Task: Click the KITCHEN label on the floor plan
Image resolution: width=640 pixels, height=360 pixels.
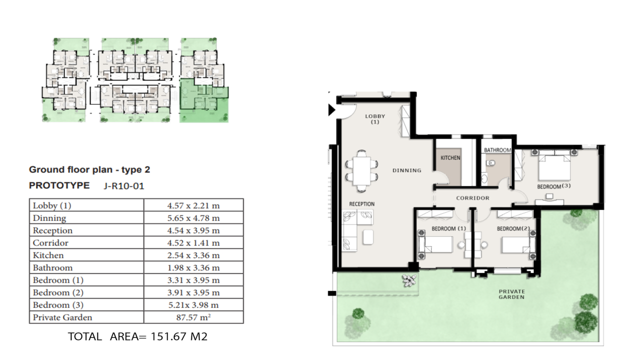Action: tap(450, 158)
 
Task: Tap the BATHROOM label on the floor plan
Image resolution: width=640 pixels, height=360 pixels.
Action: tap(497, 150)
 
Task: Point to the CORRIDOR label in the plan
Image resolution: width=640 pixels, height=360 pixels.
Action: tap(472, 198)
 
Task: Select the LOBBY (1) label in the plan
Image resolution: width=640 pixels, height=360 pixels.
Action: tap(375, 119)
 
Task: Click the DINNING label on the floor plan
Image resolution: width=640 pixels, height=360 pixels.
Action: tap(407, 170)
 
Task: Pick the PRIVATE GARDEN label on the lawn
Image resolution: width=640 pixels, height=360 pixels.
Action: tap(511, 294)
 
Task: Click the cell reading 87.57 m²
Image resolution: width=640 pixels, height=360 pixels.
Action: tap(193, 317)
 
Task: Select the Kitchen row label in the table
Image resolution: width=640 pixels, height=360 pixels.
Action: tap(48, 255)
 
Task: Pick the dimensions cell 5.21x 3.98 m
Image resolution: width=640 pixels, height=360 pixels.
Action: tap(193, 305)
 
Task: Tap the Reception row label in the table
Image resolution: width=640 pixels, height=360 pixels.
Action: tap(52, 230)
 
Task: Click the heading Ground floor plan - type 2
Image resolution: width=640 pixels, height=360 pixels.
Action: tap(89, 169)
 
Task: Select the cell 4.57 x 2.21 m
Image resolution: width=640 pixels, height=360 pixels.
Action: tap(193, 205)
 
